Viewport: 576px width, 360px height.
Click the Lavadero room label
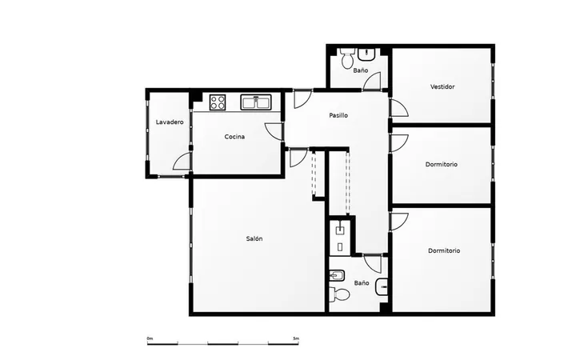(x=170, y=122)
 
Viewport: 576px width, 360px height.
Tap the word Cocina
(x=234, y=137)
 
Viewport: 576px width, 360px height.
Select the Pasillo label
(x=338, y=115)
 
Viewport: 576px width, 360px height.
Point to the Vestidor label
(x=442, y=86)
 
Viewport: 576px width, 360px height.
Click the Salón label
(x=254, y=238)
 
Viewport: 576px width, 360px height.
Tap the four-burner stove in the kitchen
(x=217, y=102)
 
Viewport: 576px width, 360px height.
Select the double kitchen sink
(x=256, y=102)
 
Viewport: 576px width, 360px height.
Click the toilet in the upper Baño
(x=346, y=58)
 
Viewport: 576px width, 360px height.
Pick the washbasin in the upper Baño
(x=366, y=54)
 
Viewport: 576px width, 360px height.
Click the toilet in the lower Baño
(x=339, y=294)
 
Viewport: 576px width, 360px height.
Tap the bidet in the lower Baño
(x=337, y=274)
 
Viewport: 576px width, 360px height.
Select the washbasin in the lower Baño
(x=382, y=286)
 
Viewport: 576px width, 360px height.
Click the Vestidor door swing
(x=399, y=108)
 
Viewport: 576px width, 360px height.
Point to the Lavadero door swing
(x=182, y=162)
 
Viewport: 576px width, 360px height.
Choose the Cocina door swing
(x=274, y=131)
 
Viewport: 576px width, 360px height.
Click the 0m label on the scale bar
(x=150, y=338)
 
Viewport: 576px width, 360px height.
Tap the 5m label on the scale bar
(x=296, y=338)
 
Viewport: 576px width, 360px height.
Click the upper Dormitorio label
(x=441, y=164)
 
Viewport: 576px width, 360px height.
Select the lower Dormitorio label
(x=444, y=251)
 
